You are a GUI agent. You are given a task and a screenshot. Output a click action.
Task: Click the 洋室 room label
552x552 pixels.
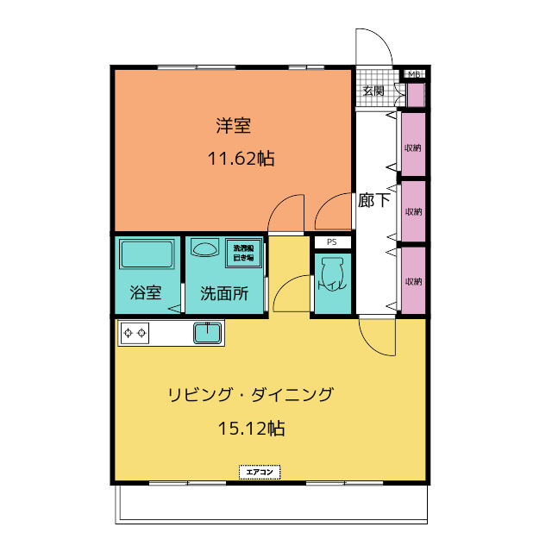[x=233, y=126]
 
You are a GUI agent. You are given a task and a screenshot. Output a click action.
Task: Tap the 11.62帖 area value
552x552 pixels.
[x=241, y=159]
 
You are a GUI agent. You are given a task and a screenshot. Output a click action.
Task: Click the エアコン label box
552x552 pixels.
[x=260, y=472]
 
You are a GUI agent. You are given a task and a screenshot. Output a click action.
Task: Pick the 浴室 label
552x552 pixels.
[x=146, y=292]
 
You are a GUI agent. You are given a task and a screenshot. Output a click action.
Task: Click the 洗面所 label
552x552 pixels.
[x=224, y=292]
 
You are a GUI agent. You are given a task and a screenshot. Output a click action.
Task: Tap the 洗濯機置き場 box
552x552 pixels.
[x=243, y=253]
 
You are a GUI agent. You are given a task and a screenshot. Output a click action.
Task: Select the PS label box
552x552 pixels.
[x=331, y=242]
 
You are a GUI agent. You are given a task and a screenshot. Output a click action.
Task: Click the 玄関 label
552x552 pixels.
[x=373, y=91]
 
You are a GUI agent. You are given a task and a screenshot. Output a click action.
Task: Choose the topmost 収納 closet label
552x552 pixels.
[x=413, y=147]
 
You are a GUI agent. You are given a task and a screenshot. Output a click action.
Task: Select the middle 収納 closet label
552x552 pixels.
[x=413, y=212]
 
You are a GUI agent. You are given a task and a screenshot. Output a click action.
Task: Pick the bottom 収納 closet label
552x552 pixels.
[x=413, y=281]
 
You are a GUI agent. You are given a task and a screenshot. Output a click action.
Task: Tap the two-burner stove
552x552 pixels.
[x=135, y=331]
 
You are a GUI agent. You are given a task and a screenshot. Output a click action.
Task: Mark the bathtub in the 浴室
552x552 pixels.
[x=147, y=256]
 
